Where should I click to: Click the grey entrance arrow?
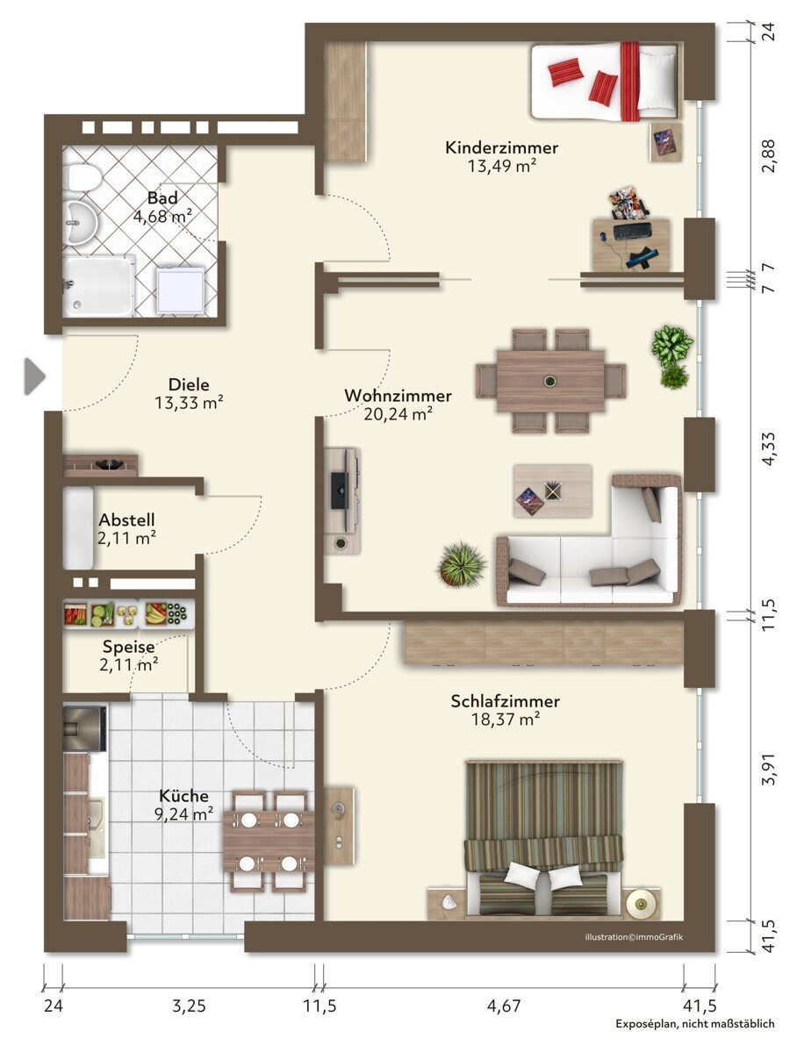[x=34, y=376]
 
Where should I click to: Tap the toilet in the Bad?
[x=82, y=177]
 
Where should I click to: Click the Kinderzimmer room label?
[x=501, y=147]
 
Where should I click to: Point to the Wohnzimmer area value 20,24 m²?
[x=398, y=413]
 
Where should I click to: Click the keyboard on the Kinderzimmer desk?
[x=632, y=232]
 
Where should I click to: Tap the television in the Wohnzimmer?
[x=339, y=490]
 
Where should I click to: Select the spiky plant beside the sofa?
[x=461, y=564]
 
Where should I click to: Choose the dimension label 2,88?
[x=768, y=155]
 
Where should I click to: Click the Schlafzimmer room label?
[x=505, y=701]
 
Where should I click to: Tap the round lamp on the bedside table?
[x=641, y=905]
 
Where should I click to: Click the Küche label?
[x=183, y=796]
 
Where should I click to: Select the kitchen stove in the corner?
[x=84, y=728]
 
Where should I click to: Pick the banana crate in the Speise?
[x=156, y=613]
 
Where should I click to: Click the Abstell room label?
[x=126, y=519]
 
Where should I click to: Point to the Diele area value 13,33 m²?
[x=189, y=402]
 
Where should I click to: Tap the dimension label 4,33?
[x=768, y=448]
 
